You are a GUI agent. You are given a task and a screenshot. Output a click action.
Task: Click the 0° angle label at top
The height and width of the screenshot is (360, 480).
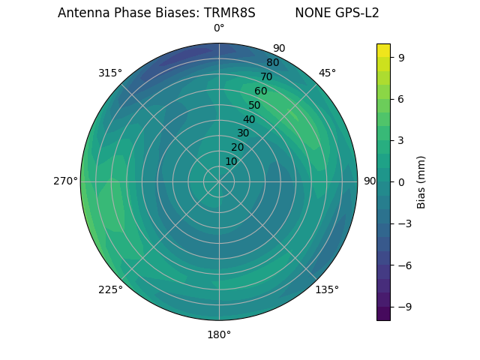pyautogui.click(x=219, y=28)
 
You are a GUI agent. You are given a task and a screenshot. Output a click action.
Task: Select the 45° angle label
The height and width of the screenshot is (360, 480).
pyautogui.click(x=327, y=73)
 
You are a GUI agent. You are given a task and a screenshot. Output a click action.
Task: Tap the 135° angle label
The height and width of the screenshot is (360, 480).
pyautogui.click(x=327, y=289)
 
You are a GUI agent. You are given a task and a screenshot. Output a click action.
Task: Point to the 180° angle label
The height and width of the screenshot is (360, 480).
pyautogui.click(x=219, y=334)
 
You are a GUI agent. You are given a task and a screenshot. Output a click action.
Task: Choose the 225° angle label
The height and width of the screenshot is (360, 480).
pyautogui.click(x=110, y=289)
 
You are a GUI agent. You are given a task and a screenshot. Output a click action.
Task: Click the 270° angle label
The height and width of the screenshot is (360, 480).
pyautogui.click(x=65, y=181)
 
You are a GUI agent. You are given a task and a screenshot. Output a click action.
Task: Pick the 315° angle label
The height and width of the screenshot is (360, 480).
pyautogui.click(x=110, y=73)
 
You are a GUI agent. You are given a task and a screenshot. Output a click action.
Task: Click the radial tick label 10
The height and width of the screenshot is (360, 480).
pyautogui.click(x=231, y=162)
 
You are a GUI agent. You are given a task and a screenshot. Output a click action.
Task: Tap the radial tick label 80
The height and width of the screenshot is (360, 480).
pyautogui.click(x=272, y=63)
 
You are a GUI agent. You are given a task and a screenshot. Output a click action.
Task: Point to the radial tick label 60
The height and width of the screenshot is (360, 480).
pyautogui.click(x=260, y=91)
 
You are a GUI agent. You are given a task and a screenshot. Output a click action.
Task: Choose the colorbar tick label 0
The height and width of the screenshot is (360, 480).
pyautogui.click(x=401, y=181)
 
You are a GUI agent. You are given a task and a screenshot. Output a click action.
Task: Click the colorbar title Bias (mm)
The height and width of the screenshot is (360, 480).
pyautogui.click(x=421, y=182)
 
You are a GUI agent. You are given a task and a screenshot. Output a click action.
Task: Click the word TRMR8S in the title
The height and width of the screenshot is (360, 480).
pyautogui.click(x=231, y=13)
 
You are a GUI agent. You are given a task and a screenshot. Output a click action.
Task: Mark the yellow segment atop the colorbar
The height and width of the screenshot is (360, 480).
pyautogui.click(x=383, y=50)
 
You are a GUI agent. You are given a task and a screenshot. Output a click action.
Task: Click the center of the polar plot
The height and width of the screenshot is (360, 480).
pyautogui.click(x=219, y=181)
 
